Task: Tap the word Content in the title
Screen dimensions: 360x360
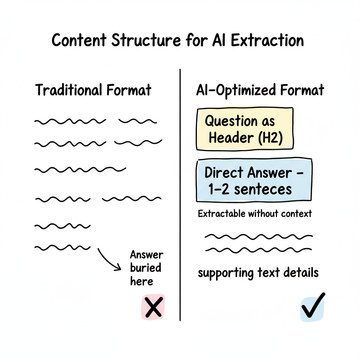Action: [x=79, y=40]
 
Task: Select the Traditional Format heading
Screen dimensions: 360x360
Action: [x=93, y=90]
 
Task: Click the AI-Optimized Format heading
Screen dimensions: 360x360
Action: [x=260, y=90]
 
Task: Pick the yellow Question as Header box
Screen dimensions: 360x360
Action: [x=245, y=129]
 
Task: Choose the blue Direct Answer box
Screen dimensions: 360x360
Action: [x=254, y=181]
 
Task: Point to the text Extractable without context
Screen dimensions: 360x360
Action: [x=255, y=214]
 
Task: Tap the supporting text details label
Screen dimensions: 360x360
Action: [x=258, y=273]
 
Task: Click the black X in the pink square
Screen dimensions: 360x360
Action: [x=153, y=307]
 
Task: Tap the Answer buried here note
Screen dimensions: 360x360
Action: [x=146, y=268]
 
